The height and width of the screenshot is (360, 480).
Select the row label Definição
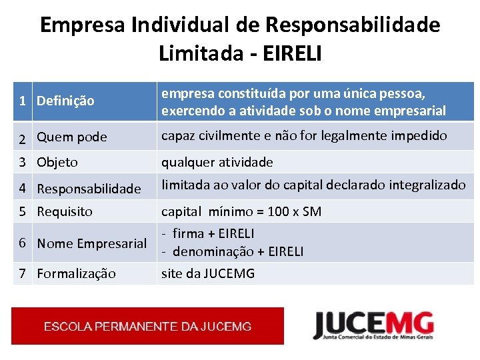[65, 101]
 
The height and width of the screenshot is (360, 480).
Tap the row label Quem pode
[71, 137]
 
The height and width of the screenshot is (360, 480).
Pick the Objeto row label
[57, 162]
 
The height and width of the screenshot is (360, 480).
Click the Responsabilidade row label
[89, 189]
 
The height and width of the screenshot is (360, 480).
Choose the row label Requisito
[65, 211]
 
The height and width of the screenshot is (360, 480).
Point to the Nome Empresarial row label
[91, 243]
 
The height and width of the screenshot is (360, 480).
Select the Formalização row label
[76, 273]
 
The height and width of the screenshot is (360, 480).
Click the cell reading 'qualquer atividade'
[217, 162]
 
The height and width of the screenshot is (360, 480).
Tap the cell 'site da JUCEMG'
[208, 273]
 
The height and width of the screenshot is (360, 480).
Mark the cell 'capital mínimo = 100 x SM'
[241, 212]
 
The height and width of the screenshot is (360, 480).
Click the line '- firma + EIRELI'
[208, 233]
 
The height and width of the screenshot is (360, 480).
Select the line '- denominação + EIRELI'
[233, 251]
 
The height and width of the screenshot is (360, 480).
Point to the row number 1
[23, 101]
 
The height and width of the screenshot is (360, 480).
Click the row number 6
[23, 243]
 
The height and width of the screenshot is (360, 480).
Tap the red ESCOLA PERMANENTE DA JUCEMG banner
[147, 326]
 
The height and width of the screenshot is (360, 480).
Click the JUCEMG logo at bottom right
[373, 326]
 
